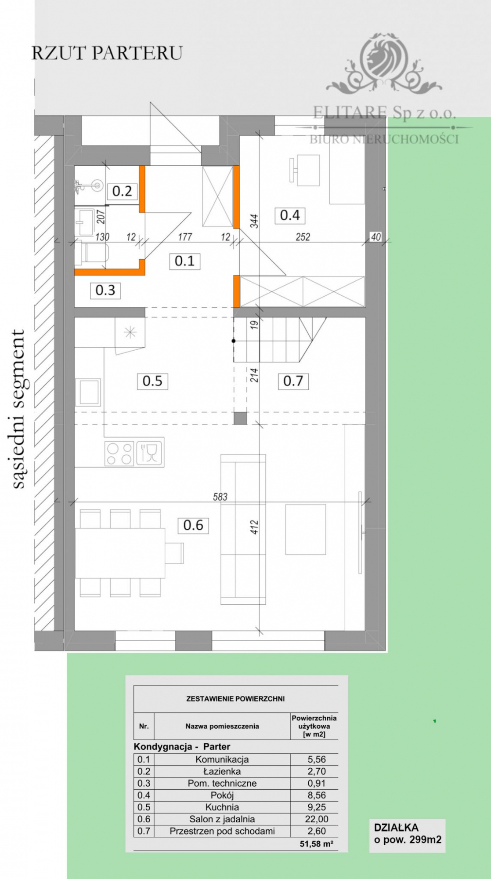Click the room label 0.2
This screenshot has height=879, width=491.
[122, 191]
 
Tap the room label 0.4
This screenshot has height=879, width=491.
[290, 215]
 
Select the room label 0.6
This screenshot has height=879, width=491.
[193, 525]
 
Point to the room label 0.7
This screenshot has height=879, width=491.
[293, 381]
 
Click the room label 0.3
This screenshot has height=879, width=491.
[105, 291]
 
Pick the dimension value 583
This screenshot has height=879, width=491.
[220, 497]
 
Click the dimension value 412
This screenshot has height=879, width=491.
[254, 527]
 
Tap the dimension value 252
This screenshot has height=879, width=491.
[303, 237]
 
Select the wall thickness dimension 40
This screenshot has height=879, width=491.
[376, 237]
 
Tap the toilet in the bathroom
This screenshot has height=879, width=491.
[92, 254]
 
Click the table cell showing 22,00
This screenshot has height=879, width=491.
[316, 819]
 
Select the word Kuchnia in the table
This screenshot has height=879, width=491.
[222, 807]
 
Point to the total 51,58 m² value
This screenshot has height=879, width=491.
[316, 844]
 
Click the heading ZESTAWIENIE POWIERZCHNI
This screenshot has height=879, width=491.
[235, 699]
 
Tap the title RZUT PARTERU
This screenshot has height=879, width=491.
[107, 53]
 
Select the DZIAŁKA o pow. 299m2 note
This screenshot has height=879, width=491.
[407, 834]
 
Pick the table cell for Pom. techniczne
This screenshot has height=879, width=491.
[222, 783]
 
